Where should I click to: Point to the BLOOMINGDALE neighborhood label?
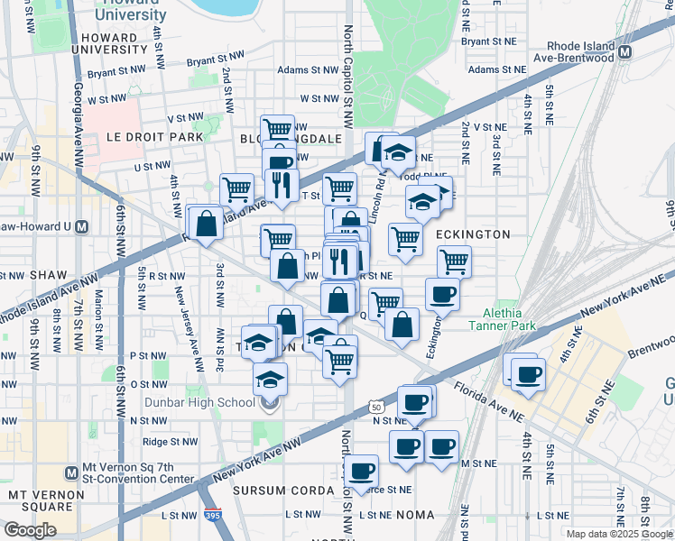291,139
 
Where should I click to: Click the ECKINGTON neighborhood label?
474,234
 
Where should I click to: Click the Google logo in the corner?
30,529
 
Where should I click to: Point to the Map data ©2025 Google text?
618,534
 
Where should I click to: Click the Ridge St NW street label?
170,442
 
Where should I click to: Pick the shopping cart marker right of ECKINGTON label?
454,261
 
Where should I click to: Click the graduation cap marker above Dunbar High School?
269,379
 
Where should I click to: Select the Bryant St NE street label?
487,41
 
